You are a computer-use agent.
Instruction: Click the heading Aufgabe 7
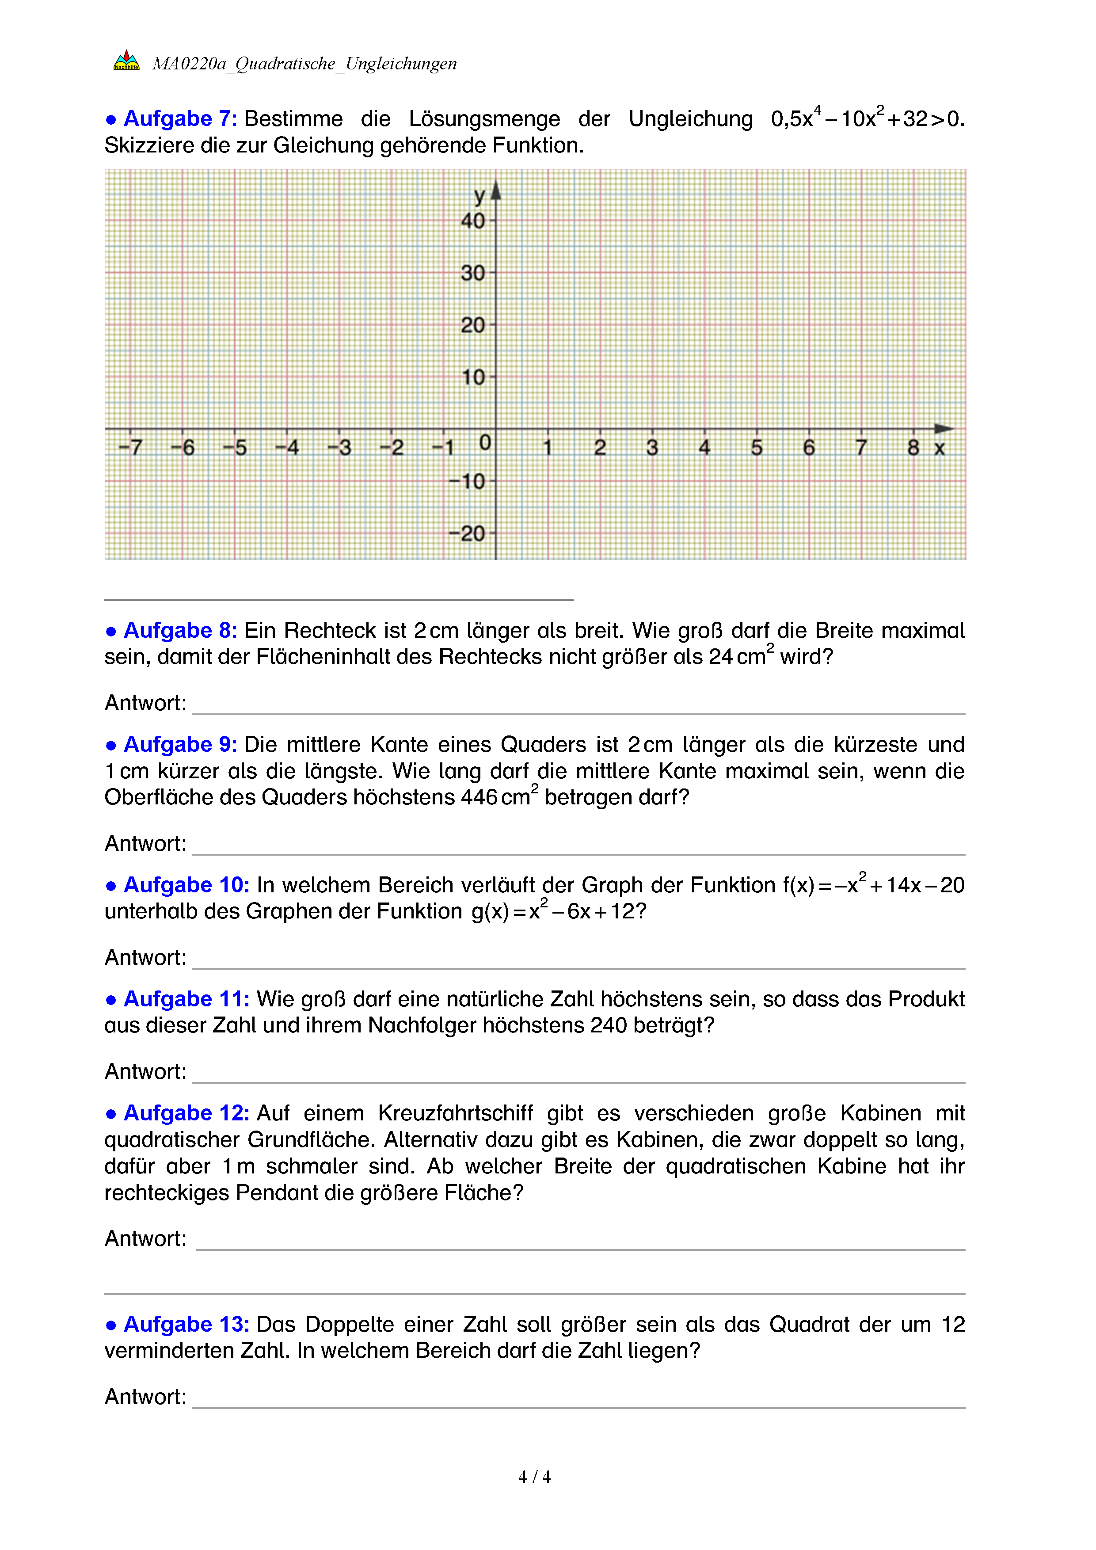tap(179, 119)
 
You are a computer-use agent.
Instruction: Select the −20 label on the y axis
tap(467, 533)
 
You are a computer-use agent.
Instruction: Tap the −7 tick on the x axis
tap(130, 447)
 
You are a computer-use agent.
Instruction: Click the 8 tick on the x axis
tap(913, 447)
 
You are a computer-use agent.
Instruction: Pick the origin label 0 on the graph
tap(484, 443)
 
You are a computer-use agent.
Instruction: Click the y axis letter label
tap(479, 196)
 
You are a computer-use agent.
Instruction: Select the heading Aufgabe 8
tap(179, 631)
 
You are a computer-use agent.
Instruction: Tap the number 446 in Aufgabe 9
tap(479, 797)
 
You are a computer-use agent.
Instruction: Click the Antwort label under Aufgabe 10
tap(145, 957)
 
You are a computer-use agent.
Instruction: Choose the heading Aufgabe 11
tap(186, 999)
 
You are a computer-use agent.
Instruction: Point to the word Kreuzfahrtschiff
tap(455, 1113)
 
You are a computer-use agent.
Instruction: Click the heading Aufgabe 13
tap(186, 1325)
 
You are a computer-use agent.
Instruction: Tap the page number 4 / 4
tap(534, 1477)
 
